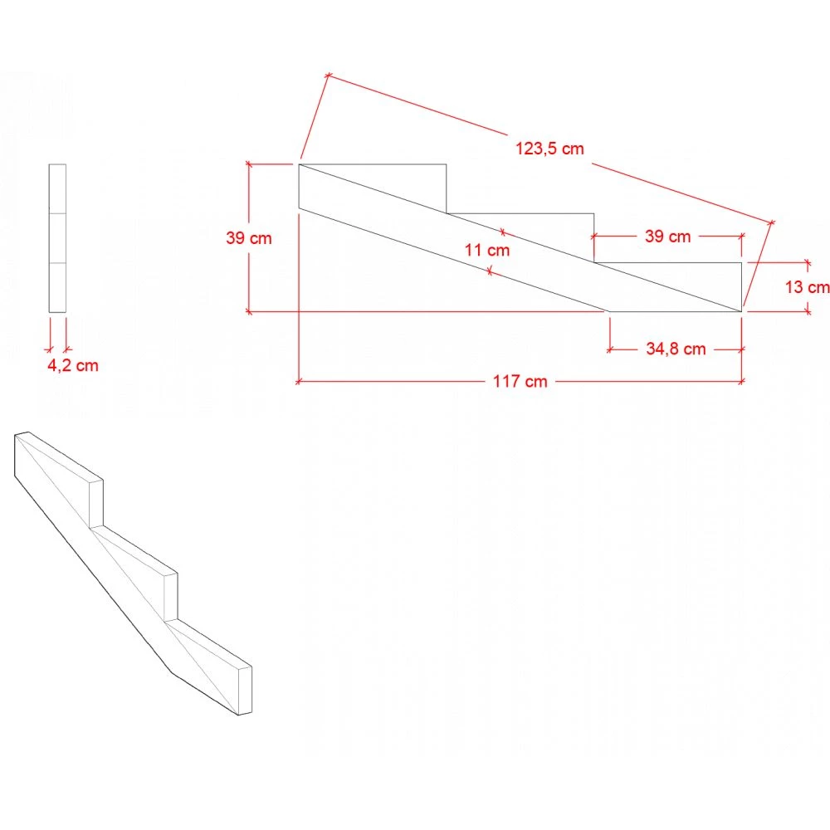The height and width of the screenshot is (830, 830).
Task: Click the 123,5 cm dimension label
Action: click(x=549, y=149)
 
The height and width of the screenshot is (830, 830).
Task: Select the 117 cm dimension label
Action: click(x=520, y=381)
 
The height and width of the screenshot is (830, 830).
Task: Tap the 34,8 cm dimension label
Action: click(x=676, y=349)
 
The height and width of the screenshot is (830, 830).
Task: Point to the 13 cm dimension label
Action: click(x=807, y=287)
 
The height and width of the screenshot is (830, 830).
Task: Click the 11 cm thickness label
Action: click(x=487, y=250)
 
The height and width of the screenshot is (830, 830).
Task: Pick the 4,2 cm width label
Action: click(x=72, y=365)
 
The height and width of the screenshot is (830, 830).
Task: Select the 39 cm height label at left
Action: click(x=249, y=237)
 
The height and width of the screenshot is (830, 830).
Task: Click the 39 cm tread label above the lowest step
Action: click(x=667, y=236)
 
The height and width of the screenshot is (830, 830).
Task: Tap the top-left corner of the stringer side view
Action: click(x=299, y=164)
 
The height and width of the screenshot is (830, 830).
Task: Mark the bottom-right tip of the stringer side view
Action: click(x=741, y=311)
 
